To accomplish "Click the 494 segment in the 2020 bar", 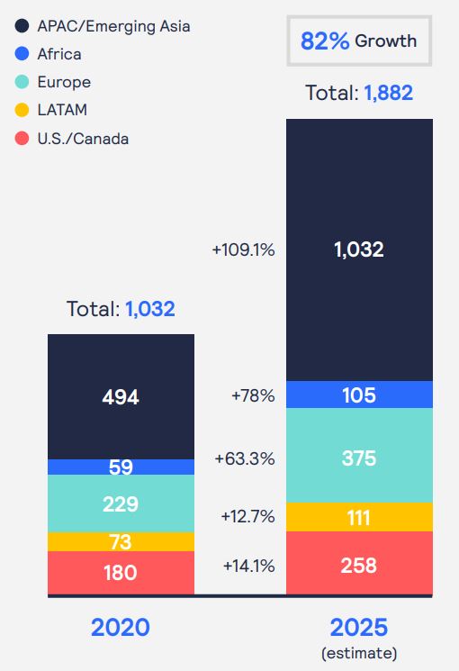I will pyautogui.click(x=121, y=396).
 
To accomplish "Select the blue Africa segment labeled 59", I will pyautogui.click(x=121, y=467).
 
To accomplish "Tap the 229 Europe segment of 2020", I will pyautogui.click(x=121, y=503).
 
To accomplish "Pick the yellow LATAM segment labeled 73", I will pyautogui.click(x=121, y=541).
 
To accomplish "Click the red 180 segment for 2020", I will pyautogui.click(x=121, y=573).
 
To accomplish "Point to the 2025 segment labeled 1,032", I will pyautogui.click(x=358, y=249).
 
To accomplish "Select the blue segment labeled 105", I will pyautogui.click(x=358, y=394).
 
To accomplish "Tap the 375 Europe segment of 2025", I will pyautogui.click(x=358, y=458).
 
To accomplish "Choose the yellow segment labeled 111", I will pyautogui.click(x=358, y=516).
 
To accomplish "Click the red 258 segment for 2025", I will pyautogui.click(x=358, y=566).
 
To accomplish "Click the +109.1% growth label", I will pyautogui.click(x=243, y=249).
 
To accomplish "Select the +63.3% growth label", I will pyautogui.click(x=244, y=458).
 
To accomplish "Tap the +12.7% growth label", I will pyautogui.click(x=247, y=516).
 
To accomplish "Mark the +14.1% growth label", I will pyautogui.click(x=247, y=566).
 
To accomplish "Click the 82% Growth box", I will pyautogui.click(x=358, y=41).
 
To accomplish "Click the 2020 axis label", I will pyautogui.click(x=120, y=628).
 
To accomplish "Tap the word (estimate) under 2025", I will pyautogui.click(x=358, y=653).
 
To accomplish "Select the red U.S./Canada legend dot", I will pyautogui.click(x=22, y=139).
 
